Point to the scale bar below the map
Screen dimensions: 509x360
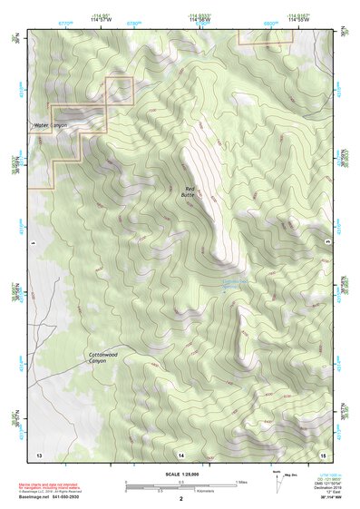click(181, 485)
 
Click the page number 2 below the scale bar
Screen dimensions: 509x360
click(181, 498)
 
